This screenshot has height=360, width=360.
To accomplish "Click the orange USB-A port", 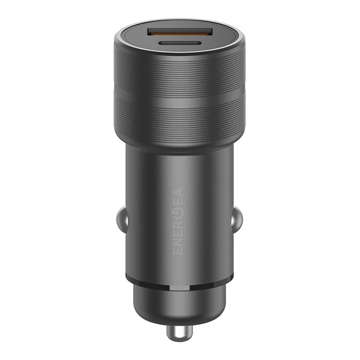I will pyautogui.click(x=180, y=33).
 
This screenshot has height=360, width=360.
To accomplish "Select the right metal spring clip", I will pyautogui.click(x=237, y=220).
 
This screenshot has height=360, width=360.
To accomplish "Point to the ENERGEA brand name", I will pyautogui.click(x=178, y=221).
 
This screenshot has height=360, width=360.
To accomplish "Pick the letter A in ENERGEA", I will pyautogui.click(x=178, y=192).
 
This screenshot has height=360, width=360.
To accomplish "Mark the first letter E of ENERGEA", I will pyautogui.click(x=178, y=250).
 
